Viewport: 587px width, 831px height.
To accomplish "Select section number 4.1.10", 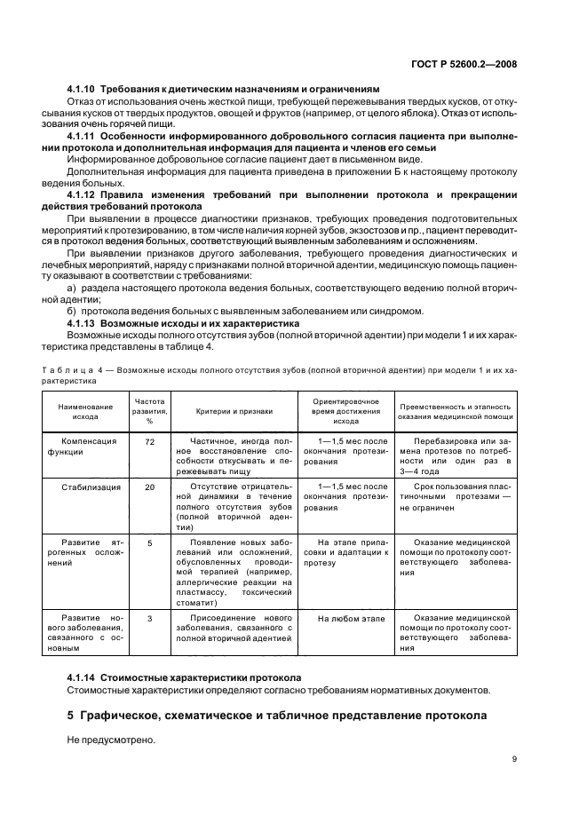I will point(82,89).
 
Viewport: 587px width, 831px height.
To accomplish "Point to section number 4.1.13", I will point(82,324).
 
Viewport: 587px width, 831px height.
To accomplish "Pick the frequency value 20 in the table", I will point(149,487).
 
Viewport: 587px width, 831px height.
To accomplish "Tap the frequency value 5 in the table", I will point(149,542).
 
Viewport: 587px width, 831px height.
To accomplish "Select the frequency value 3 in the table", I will point(149,616).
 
